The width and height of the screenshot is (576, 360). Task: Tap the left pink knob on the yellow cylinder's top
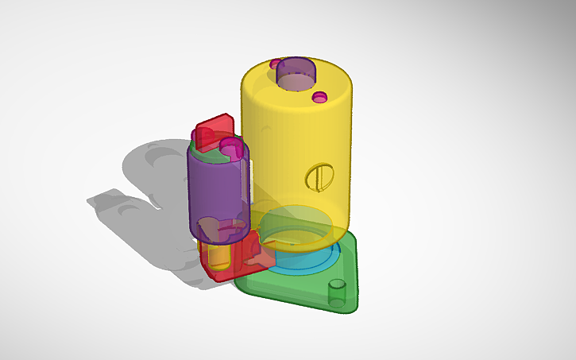pos(276,63)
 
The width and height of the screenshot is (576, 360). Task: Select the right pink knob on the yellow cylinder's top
pos(319,97)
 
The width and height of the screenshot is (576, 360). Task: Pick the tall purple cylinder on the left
pos(217,187)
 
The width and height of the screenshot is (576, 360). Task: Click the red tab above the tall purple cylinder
pos(214,129)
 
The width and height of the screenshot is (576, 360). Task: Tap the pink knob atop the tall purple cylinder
pos(230,147)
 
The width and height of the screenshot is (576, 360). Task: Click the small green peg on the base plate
pos(338,292)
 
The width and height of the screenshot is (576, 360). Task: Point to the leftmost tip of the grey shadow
pos(89,200)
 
